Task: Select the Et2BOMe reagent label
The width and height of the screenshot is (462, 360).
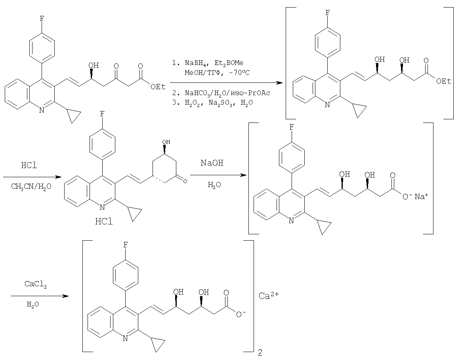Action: tap(229, 63)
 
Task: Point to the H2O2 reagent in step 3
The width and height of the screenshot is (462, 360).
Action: tap(193, 103)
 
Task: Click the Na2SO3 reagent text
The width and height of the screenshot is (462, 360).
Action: tap(222, 103)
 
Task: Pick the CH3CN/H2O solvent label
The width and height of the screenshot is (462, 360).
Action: tap(31, 187)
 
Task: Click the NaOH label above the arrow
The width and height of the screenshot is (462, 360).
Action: tap(212, 163)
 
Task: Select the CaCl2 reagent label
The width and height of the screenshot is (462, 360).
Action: tap(36, 285)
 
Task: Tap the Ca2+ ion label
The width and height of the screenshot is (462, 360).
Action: tap(268, 295)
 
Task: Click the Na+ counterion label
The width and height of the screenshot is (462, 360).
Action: tap(421, 196)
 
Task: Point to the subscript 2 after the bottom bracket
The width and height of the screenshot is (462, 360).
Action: tap(260, 352)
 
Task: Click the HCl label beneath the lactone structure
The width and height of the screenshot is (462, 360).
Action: tap(104, 221)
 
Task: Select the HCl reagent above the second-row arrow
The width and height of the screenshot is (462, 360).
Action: tap(29, 165)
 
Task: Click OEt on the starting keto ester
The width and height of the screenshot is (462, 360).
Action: tap(158, 87)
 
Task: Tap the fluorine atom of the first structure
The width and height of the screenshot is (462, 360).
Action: tap(42, 19)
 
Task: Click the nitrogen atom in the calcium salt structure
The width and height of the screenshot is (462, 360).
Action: tap(125, 339)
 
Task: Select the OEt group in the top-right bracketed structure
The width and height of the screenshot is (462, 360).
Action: tap(444, 81)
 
